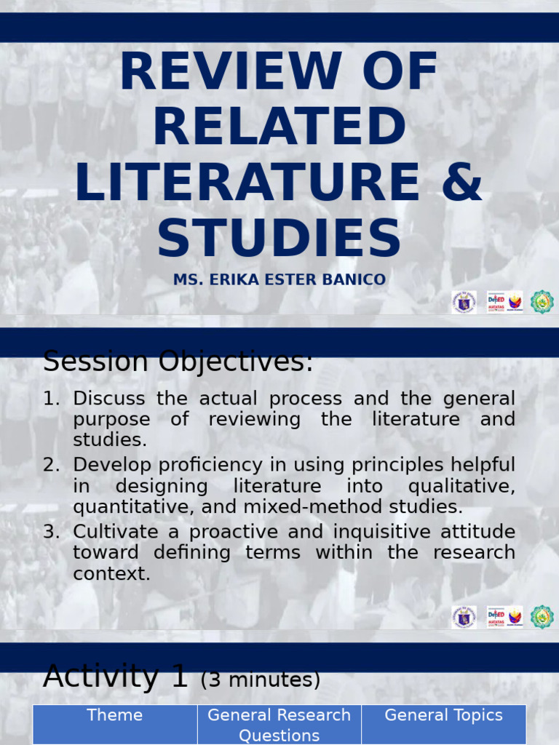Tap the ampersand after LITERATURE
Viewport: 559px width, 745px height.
[461, 181]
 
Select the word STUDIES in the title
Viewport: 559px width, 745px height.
[279, 237]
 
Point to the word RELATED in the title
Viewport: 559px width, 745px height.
[279, 128]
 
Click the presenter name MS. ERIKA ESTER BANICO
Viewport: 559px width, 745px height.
[279, 280]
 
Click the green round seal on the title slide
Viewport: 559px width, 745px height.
[542, 301]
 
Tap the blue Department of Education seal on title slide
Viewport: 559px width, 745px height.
[464, 301]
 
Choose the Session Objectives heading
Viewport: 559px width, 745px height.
[178, 362]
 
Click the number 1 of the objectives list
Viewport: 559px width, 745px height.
[49, 399]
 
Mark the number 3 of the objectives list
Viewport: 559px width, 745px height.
[49, 531]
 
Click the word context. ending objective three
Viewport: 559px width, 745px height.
[111, 573]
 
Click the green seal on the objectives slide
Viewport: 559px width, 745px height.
[542, 617]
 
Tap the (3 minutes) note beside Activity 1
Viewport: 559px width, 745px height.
[260, 680]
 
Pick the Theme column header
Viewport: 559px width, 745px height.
[114, 715]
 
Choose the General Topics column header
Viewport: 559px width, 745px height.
[443, 715]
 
